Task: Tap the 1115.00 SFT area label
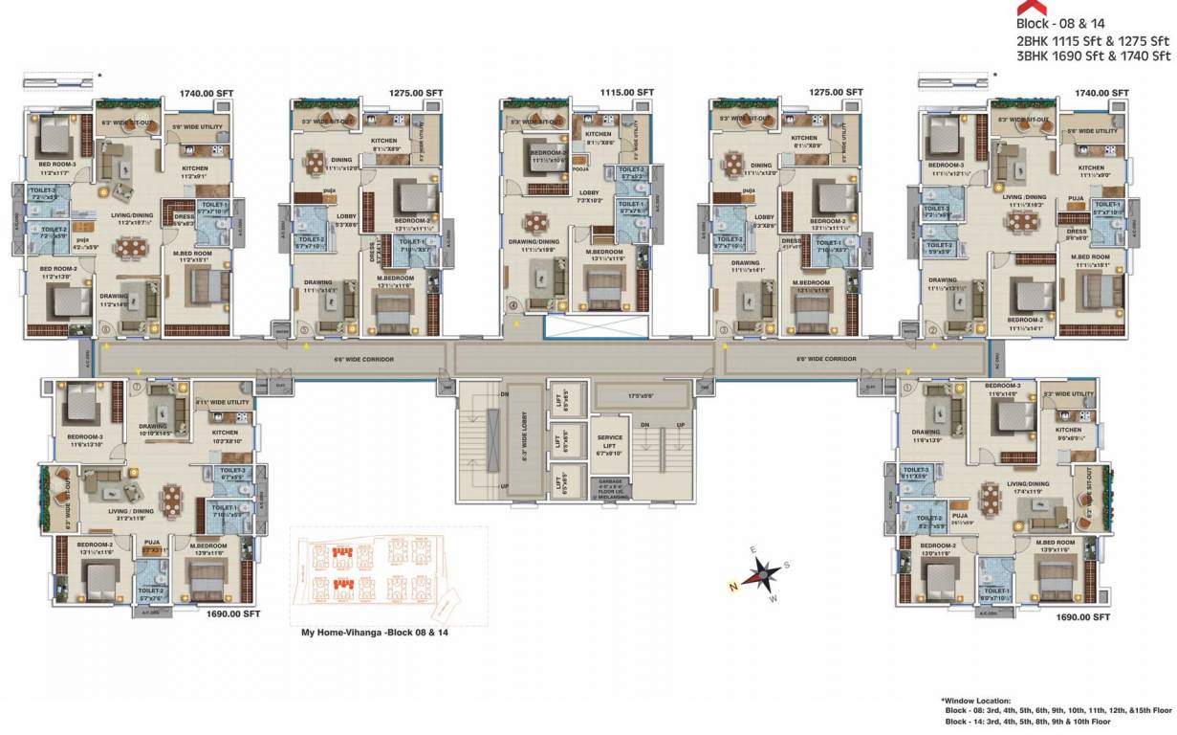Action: click(626, 93)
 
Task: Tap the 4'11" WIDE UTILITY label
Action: click(222, 403)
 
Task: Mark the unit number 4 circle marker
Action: click(512, 306)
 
